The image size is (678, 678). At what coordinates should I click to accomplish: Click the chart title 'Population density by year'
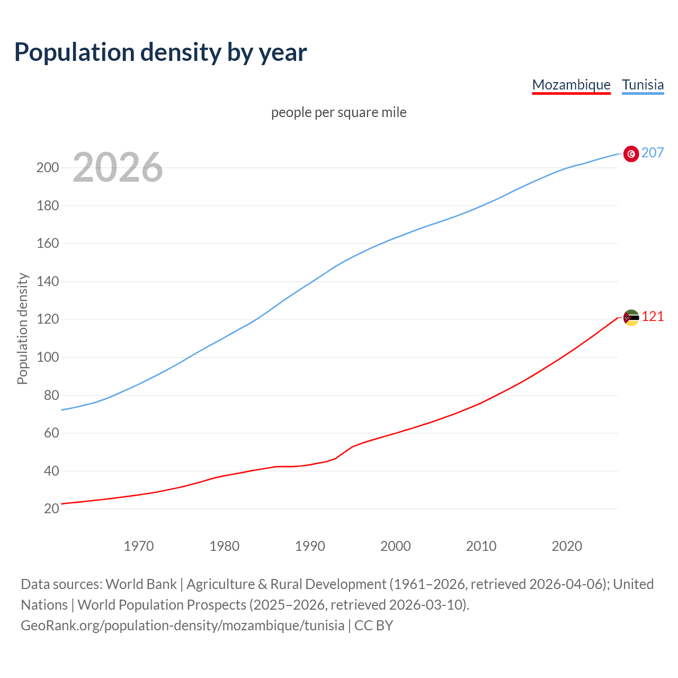(160, 52)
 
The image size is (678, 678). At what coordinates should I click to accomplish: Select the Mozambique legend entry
(571, 85)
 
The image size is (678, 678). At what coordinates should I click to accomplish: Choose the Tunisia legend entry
(643, 85)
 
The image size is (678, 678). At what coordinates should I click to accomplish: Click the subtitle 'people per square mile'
(338, 112)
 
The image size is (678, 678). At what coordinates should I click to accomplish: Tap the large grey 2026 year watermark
(118, 167)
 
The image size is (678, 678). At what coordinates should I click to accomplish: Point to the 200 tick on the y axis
(47, 168)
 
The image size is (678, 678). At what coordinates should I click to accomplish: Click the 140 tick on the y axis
(47, 281)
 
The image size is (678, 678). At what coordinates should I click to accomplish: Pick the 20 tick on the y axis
(51, 508)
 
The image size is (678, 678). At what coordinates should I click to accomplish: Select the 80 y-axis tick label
(51, 395)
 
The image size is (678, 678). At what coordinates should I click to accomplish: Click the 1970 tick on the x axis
(139, 546)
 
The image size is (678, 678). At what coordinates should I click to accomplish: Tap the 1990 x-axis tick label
(310, 546)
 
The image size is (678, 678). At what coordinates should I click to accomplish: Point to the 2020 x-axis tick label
(567, 546)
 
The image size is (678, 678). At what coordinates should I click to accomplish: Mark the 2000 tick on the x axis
(395, 546)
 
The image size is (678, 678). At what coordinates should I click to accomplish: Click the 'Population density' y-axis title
(22, 328)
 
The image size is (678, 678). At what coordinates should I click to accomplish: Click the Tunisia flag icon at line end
(631, 154)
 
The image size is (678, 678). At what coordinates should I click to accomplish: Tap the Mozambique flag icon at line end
(631, 318)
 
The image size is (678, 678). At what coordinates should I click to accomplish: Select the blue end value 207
(653, 153)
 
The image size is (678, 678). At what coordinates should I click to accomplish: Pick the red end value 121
(653, 316)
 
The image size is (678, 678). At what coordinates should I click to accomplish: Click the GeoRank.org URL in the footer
(182, 625)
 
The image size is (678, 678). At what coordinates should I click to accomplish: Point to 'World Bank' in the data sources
(141, 584)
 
